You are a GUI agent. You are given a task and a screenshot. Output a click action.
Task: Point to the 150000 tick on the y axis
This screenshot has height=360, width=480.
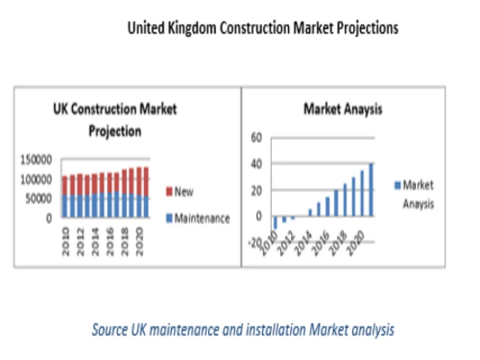pyautogui.click(x=36, y=159)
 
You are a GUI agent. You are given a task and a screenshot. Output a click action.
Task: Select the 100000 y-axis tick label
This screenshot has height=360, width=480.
pyautogui.click(x=36, y=180)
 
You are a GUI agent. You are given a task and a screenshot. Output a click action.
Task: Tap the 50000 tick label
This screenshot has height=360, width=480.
pyautogui.click(x=38, y=199)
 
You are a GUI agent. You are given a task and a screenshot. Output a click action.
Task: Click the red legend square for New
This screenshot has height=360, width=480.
pyautogui.click(x=169, y=192)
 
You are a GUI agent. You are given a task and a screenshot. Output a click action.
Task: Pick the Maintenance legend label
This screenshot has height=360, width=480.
pyautogui.click(x=202, y=218)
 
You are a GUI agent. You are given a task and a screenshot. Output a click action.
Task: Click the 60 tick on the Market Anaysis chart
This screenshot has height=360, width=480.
pyautogui.click(x=256, y=137)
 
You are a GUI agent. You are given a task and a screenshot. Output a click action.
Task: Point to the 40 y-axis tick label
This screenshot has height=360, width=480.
pyautogui.click(x=256, y=164)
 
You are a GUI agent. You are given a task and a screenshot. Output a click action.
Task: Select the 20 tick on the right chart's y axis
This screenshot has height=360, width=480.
pyautogui.click(x=256, y=191)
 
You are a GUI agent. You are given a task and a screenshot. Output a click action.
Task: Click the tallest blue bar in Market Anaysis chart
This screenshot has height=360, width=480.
pyautogui.click(x=371, y=190)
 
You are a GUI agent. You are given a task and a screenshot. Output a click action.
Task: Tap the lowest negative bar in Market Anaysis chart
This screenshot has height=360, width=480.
pyautogui.click(x=275, y=223)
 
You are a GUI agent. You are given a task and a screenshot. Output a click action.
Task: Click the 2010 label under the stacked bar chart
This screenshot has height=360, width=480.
pyautogui.click(x=65, y=241)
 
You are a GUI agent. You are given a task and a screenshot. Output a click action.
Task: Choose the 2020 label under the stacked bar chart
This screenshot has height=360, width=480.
pyautogui.click(x=139, y=241)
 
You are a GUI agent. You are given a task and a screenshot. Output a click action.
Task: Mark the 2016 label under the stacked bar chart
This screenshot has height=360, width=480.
pyautogui.click(x=110, y=241)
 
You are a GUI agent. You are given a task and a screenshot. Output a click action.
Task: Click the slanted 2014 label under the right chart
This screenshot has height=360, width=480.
pyautogui.click(x=303, y=244)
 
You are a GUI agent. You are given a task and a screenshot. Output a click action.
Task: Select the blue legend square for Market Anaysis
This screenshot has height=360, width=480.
pyautogui.click(x=397, y=185)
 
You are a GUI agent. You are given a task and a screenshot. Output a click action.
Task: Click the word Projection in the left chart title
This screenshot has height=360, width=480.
pyautogui.click(x=115, y=132)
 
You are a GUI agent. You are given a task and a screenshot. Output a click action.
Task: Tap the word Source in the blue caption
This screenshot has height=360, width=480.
pyautogui.click(x=109, y=330)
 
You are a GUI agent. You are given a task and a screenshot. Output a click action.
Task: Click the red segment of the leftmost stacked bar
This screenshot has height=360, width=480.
pyautogui.click(x=65, y=185)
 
